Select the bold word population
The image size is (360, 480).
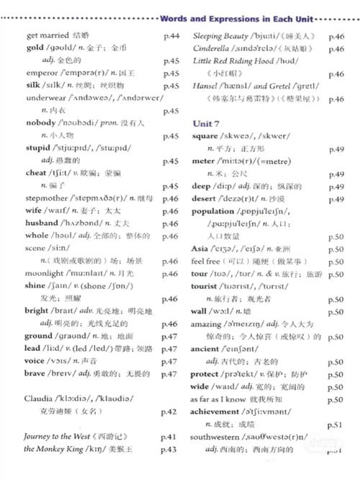coord(216,211)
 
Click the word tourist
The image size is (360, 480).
coord(205,286)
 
